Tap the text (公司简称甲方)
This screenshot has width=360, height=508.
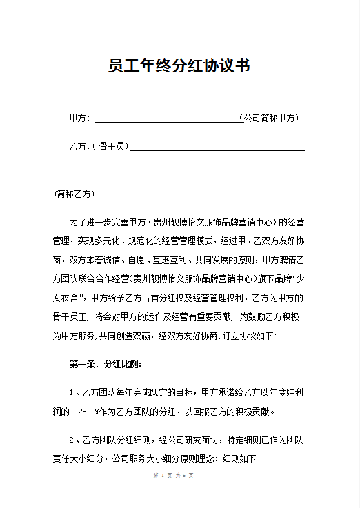[268, 118]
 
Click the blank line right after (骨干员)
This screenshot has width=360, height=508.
[217, 148]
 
